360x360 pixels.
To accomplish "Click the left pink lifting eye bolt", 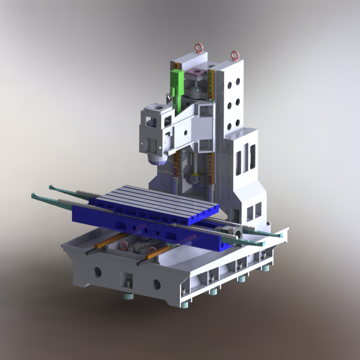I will point(198,46).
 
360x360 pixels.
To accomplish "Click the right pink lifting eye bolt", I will point(234,55).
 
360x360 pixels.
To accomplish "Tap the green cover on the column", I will point(176,88).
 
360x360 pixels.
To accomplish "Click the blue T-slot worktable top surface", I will point(153,200).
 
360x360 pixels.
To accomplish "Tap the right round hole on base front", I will point(157,284).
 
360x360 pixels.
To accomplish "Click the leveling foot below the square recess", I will point(129,295).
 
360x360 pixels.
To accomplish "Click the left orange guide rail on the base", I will point(113,240).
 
